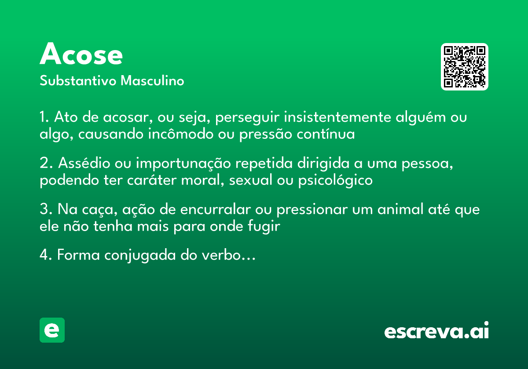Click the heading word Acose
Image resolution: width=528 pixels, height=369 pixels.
click(81, 55)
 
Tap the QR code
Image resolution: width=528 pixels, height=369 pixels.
click(465, 67)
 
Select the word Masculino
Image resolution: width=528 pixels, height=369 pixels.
click(152, 81)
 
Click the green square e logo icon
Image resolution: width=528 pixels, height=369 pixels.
click(52, 330)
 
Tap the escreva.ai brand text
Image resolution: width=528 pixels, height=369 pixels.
click(436, 332)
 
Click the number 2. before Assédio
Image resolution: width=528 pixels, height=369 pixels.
click(46, 163)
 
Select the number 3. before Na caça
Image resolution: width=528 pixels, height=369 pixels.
click(46, 210)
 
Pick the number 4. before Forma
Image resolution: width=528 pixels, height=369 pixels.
click(46, 255)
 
